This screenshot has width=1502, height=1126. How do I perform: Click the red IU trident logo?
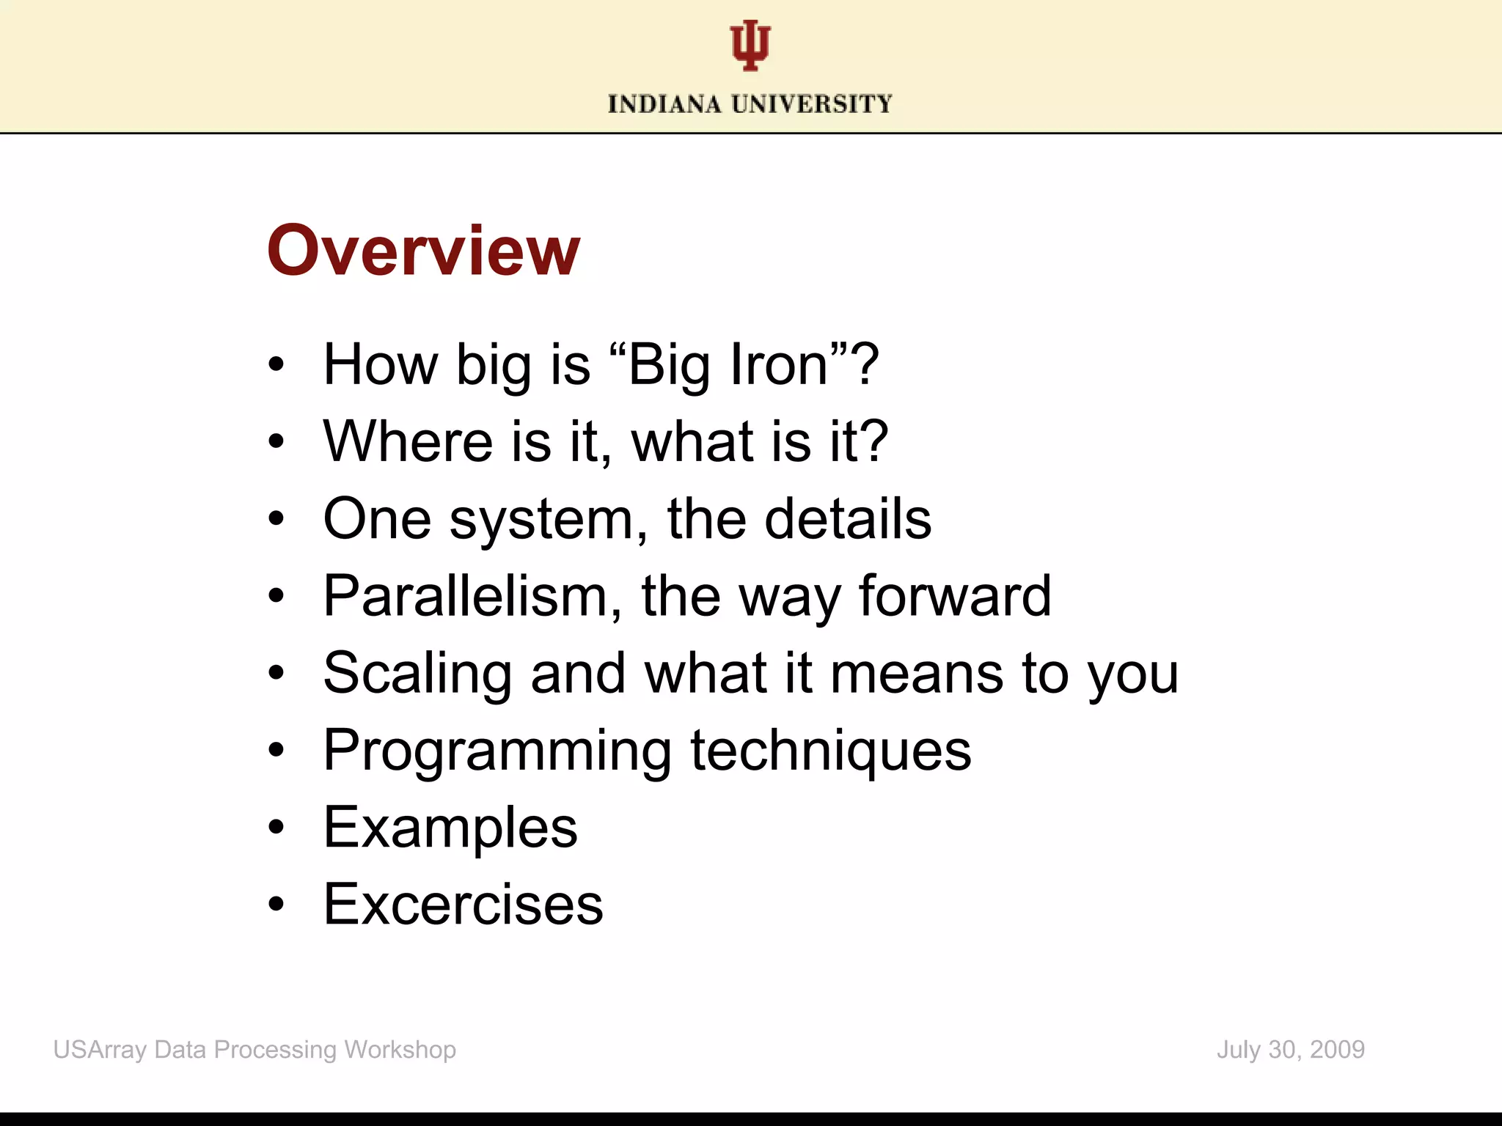[x=750, y=45]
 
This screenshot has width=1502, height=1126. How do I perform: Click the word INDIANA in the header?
[x=664, y=104]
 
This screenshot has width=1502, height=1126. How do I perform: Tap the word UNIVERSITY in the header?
[x=812, y=104]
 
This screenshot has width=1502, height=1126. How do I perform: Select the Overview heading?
[x=423, y=251]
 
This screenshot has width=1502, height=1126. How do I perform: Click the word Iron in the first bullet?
[x=779, y=364]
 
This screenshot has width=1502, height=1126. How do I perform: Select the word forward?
[x=955, y=596]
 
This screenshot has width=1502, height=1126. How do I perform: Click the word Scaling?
[x=417, y=673]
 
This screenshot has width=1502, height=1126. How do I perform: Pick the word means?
[x=916, y=673]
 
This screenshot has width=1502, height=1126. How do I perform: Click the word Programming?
[x=497, y=751]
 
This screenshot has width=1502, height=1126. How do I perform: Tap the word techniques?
[x=831, y=751]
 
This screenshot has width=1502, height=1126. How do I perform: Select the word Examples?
[x=450, y=828]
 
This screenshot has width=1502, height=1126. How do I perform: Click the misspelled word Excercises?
[x=464, y=905]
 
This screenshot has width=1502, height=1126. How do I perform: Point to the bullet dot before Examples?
[x=276, y=828]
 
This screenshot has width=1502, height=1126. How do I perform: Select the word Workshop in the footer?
[x=400, y=1050]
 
